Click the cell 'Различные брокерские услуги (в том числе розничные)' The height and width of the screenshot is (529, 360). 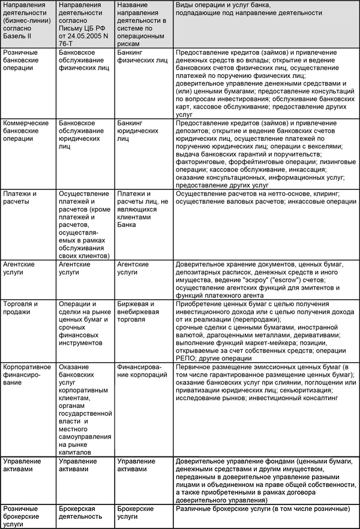point(263,509)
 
